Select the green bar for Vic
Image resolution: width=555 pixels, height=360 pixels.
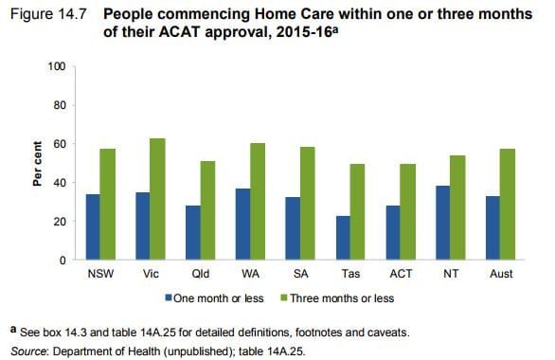(156, 199)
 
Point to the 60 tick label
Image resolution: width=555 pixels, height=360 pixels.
(59, 144)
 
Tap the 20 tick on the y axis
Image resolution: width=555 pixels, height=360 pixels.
(59, 222)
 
